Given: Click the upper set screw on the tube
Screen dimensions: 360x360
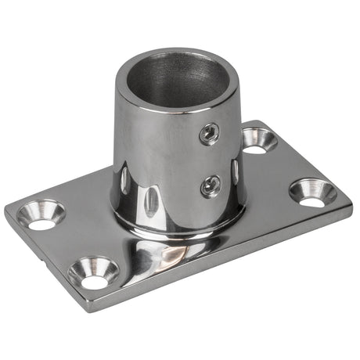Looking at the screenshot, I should pyautogui.click(x=208, y=134).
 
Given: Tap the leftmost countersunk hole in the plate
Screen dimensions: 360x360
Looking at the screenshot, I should pyautogui.click(x=41, y=214).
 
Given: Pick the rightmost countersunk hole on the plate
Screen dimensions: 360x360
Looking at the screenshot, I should pyautogui.click(x=312, y=192).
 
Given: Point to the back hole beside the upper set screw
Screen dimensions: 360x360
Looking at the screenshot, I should pyautogui.click(x=259, y=139).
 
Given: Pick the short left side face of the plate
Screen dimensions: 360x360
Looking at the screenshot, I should pyautogui.click(x=39, y=262).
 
